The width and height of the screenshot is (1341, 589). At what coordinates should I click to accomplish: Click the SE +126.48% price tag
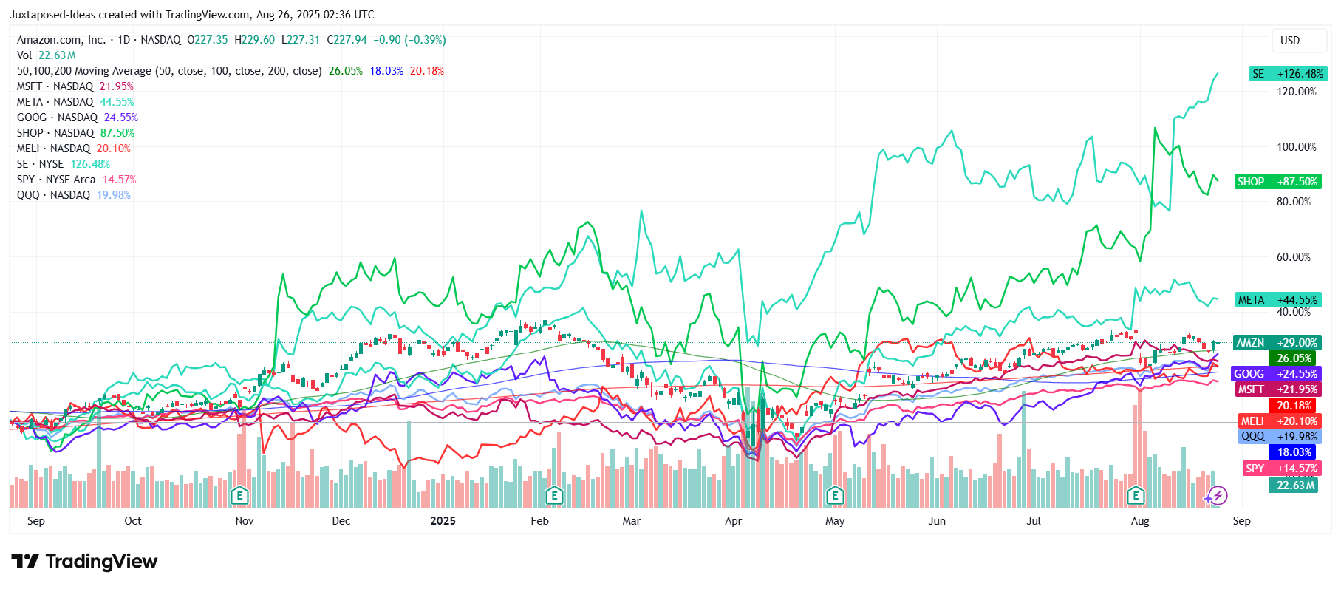pos(1288,74)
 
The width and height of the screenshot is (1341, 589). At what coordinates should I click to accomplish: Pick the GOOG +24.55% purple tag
pos(1275,374)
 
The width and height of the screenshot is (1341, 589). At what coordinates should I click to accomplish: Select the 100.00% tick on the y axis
pos(1296,147)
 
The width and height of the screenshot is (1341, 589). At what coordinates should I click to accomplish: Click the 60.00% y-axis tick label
pos(1293,257)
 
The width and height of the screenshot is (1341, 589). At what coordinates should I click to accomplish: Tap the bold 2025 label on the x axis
pos(443,521)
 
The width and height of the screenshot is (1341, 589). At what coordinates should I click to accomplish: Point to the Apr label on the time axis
pos(733,521)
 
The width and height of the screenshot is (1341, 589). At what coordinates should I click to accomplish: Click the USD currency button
pos(1289,41)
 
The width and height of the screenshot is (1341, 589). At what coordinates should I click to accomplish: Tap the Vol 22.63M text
pos(46,55)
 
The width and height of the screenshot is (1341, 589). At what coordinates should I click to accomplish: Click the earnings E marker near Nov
pos(239,495)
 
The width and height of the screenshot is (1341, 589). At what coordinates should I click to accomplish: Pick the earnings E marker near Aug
pos(1136,495)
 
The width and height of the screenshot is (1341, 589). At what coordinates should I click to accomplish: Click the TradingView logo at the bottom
pos(84,562)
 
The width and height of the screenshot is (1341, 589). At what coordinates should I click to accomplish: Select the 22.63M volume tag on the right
pos(1295,486)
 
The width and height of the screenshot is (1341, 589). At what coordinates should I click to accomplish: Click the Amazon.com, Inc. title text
pos(61,40)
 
